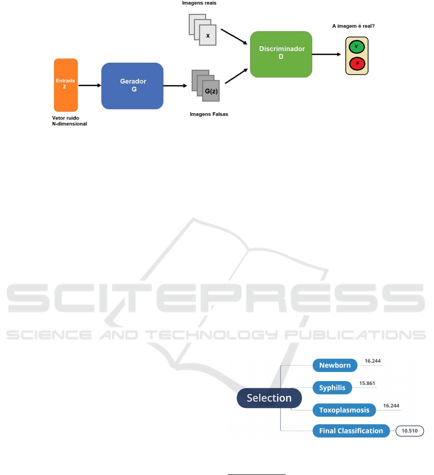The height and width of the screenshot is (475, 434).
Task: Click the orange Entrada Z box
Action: [x=66, y=85]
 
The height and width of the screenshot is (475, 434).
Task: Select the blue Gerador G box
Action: [x=132, y=86]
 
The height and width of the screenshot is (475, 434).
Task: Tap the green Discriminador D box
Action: [x=281, y=54]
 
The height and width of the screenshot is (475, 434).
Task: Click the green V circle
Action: [x=356, y=47]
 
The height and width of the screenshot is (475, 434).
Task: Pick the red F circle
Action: [x=357, y=64]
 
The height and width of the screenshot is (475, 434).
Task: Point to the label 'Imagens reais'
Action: [x=199, y=3]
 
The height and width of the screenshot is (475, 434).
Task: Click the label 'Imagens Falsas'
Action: [x=209, y=114]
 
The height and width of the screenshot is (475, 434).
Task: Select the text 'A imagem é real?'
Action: [x=354, y=26]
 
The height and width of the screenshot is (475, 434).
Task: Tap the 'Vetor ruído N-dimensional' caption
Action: [x=69, y=121]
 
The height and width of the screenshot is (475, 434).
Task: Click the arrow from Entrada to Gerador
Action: [x=90, y=85]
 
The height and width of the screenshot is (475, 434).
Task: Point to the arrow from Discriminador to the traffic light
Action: [x=327, y=54]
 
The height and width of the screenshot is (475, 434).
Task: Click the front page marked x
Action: [x=208, y=35]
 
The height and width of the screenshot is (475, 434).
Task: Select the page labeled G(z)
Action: [x=211, y=91]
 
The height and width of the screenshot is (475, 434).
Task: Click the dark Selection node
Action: [x=269, y=398]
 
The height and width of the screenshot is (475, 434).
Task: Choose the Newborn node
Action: [x=335, y=365]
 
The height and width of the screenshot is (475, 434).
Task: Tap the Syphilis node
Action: [x=332, y=388]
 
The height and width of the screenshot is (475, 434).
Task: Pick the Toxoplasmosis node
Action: [x=344, y=410]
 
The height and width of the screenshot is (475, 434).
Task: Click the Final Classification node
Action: [x=351, y=431]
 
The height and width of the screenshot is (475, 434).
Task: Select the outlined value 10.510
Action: [x=409, y=431]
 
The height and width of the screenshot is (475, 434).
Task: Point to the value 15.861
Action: [x=367, y=383]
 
